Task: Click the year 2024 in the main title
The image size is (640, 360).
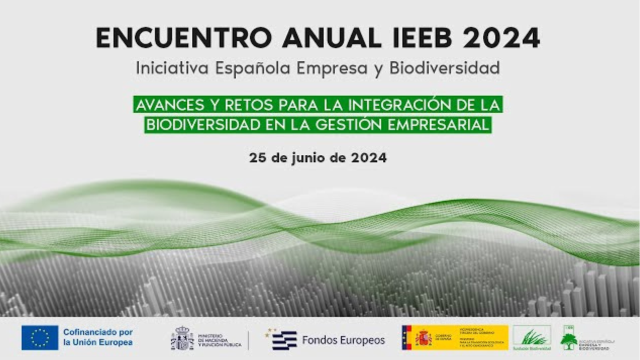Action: point(501,38)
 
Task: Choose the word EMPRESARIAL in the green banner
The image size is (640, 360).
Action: point(449,124)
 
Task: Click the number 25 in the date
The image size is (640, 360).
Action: point(256,158)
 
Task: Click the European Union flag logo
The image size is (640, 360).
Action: point(39,337)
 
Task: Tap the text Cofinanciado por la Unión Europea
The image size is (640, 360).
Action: point(97,337)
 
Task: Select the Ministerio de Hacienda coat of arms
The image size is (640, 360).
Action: point(182,338)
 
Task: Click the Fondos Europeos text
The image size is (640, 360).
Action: point(343,340)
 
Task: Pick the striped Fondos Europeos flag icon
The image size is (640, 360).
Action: point(283,340)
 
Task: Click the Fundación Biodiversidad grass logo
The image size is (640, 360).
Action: point(531,336)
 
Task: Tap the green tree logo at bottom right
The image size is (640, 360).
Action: point(568,340)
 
